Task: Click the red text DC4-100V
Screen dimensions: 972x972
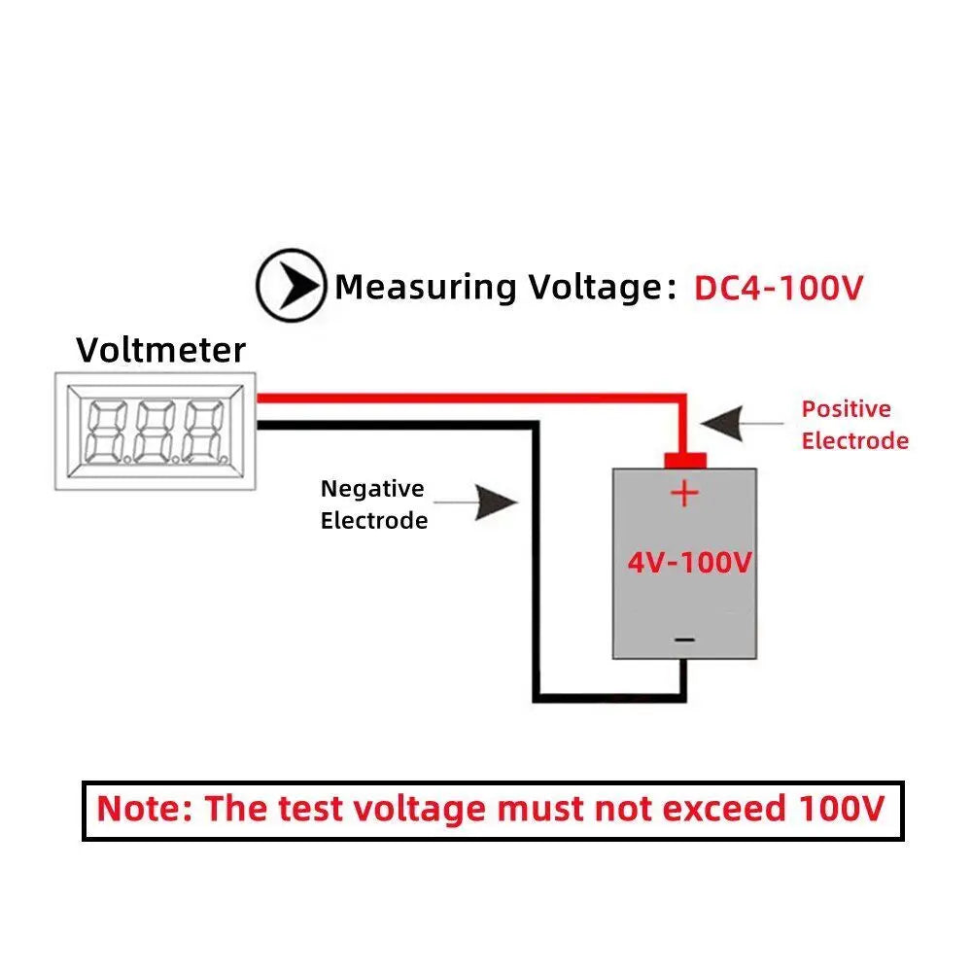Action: click(778, 288)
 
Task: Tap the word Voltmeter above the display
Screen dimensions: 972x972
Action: click(161, 350)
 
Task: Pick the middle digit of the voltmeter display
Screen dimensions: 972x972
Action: click(155, 430)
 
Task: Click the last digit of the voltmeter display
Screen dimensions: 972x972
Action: click(203, 430)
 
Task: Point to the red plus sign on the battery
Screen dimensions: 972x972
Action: click(684, 493)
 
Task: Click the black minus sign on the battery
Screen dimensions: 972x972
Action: click(684, 639)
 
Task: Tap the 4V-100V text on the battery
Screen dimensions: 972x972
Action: click(688, 563)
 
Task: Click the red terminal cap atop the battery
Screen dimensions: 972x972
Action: click(684, 459)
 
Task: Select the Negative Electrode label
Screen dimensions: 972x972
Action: click(374, 504)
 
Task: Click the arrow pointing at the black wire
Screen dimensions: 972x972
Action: click(495, 503)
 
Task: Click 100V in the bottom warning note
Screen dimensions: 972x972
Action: click(841, 809)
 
